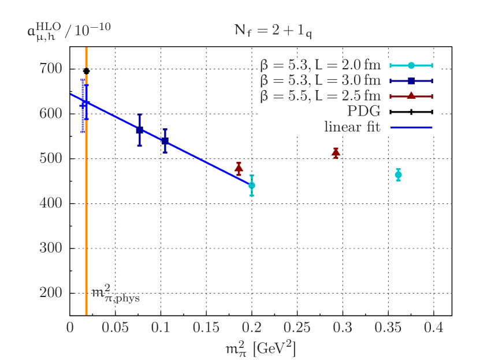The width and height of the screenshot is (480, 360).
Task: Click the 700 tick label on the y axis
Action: [x=51, y=69]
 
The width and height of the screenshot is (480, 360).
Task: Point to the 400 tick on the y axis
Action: [x=51, y=203]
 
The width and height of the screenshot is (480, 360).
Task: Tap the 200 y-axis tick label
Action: [x=51, y=292]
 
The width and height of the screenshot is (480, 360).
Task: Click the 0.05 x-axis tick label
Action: [x=115, y=328]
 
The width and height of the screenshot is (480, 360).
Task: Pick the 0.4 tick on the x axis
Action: [x=434, y=328]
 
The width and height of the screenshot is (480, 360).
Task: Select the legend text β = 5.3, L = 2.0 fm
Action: [x=321, y=65]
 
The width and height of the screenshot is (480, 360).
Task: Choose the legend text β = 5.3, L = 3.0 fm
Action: [x=321, y=80]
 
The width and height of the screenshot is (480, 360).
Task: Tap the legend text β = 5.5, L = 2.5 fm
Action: [x=321, y=96]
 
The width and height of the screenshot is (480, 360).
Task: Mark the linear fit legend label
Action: [x=352, y=127]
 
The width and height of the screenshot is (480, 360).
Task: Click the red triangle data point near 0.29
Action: [x=336, y=153]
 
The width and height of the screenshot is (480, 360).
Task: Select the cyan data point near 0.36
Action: [x=398, y=175]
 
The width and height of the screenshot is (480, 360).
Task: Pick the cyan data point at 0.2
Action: [x=251, y=185]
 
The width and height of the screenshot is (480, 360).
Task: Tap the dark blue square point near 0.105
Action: [x=165, y=140]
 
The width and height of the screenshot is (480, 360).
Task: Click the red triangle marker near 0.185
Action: [x=239, y=168]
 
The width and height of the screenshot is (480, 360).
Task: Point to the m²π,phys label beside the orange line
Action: [x=116, y=295]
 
